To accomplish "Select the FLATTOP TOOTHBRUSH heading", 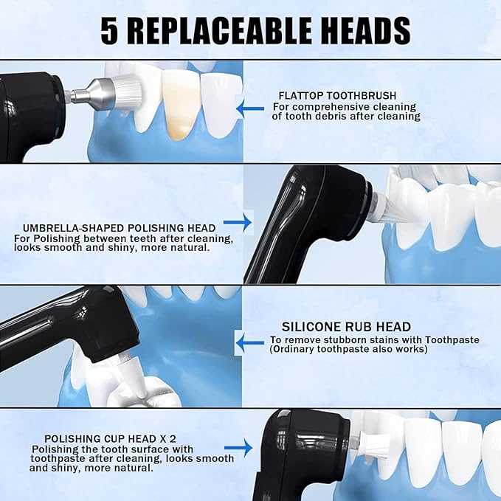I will [337, 96].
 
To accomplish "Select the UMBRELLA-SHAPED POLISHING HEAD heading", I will [114, 227].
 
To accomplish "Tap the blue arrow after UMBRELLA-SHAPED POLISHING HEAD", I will [237, 221].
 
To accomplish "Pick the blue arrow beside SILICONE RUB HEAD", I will [248, 340].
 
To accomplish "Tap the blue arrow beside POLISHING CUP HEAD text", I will [238, 447].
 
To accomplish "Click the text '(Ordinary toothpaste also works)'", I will [349, 349].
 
